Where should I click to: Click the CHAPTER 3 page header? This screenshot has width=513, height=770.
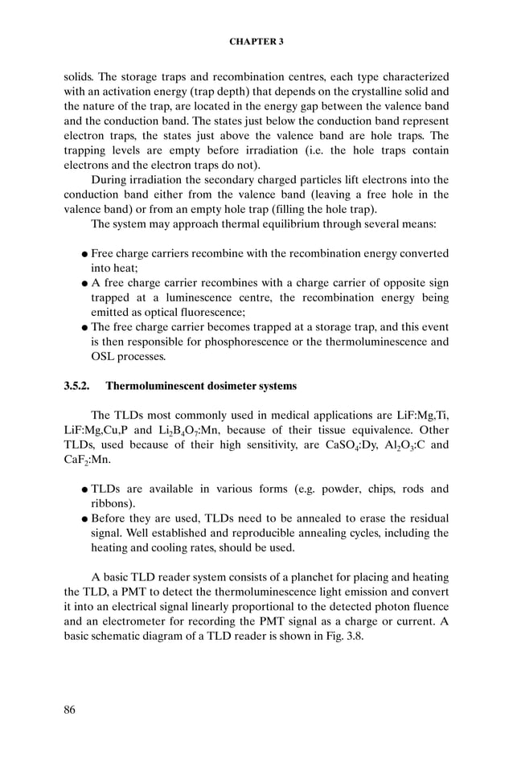coord(256,41)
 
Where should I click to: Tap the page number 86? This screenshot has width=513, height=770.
coord(71,709)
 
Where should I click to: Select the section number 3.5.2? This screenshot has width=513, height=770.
coord(78,386)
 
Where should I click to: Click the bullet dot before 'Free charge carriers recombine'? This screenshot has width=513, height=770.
coord(84,254)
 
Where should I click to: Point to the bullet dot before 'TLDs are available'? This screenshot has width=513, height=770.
coord(84,489)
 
